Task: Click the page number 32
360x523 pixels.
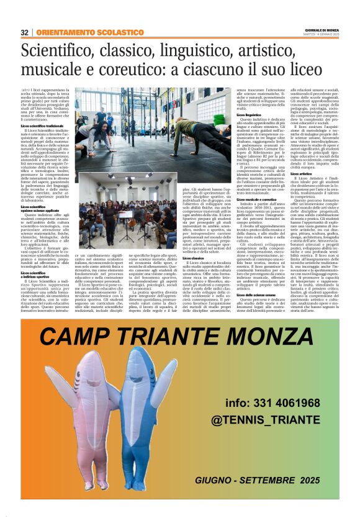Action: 25,32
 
